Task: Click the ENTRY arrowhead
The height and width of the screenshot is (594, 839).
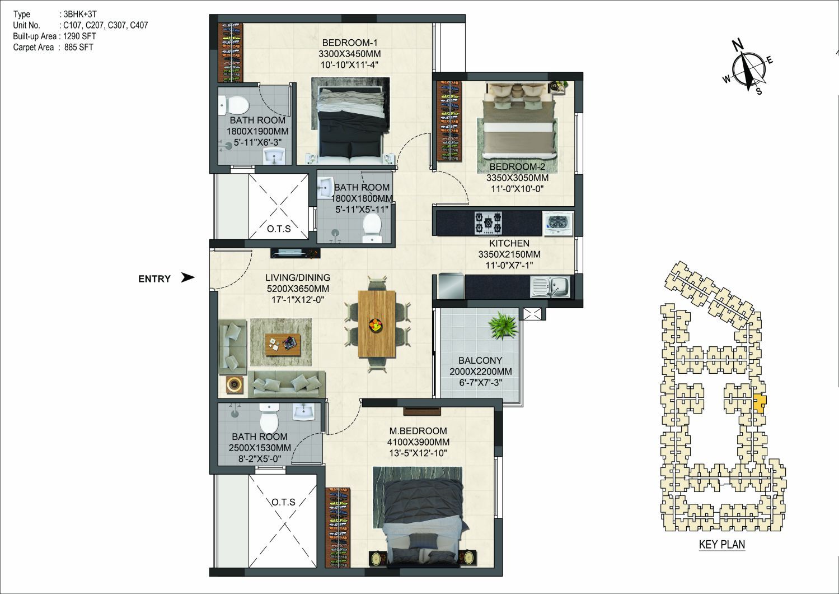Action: point(188,277)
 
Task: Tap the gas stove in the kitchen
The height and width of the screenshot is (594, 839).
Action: point(489,223)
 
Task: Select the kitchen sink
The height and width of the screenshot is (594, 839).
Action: point(550,287)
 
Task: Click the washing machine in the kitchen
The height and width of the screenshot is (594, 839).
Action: point(559,224)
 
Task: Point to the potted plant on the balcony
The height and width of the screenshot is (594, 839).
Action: point(504,325)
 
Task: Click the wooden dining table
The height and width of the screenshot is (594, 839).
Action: point(377,324)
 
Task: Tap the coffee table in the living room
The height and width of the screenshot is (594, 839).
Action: point(283,344)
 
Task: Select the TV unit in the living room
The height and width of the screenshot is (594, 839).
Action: point(296,253)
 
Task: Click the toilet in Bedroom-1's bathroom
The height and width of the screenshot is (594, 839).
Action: point(234,105)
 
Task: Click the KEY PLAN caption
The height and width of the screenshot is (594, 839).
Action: point(722,545)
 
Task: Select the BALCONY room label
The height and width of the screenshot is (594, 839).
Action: point(480,360)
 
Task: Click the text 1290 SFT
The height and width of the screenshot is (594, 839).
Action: point(79,36)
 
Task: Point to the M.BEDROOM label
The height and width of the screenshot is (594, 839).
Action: point(418,431)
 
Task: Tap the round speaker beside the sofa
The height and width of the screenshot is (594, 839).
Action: point(235,385)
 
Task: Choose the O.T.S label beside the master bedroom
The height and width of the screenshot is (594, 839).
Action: point(284,502)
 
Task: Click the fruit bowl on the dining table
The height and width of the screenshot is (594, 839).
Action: point(376,324)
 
